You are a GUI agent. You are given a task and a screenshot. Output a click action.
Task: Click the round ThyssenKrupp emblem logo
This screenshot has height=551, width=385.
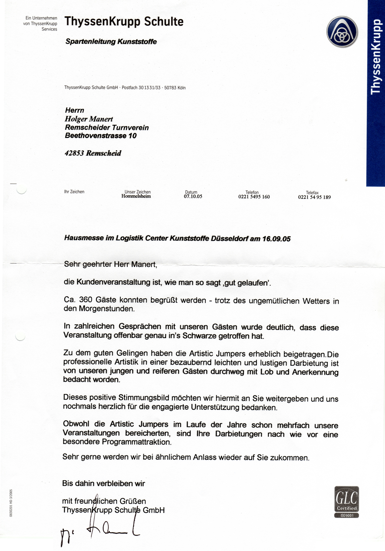pyautogui.click(x=342, y=32)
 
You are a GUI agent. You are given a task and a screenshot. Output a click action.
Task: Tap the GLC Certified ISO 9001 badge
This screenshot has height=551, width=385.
pyautogui.click(x=346, y=502)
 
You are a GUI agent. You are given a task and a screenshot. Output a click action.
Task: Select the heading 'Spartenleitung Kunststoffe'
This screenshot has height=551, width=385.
pyautogui.click(x=111, y=41)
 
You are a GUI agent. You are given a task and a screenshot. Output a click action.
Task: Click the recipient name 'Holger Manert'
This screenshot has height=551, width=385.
pyautogui.click(x=89, y=119)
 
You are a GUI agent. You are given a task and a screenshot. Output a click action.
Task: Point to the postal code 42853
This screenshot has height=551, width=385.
pyautogui.click(x=74, y=153)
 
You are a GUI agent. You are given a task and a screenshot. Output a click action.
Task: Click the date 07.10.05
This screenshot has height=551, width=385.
pyautogui.click(x=193, y=197)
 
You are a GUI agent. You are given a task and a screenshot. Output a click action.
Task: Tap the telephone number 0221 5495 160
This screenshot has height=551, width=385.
pyautogui.click(x=254, y=197)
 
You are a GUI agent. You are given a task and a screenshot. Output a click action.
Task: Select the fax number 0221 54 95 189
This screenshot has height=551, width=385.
pyautogui.click(x=314, y=197)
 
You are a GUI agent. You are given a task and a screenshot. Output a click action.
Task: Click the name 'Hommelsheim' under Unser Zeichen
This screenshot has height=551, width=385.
pyautogui.click(x=136, y=196)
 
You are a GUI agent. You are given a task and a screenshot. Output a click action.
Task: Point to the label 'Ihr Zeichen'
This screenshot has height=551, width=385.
pyautogui.click(x=74, y=192)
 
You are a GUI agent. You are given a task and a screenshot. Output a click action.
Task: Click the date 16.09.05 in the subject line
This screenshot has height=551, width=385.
pyautogui.click(x=276, y=239)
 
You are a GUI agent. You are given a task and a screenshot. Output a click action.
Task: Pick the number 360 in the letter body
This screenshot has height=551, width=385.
pyautogui.click(x=86, y=300)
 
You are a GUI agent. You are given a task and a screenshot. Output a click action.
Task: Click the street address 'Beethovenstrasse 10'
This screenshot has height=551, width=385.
pyautogui.click(x=101, y=136)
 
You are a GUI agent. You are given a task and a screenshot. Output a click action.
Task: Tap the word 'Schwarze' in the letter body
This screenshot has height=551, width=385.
pyautogui.click(x=200, y=336)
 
